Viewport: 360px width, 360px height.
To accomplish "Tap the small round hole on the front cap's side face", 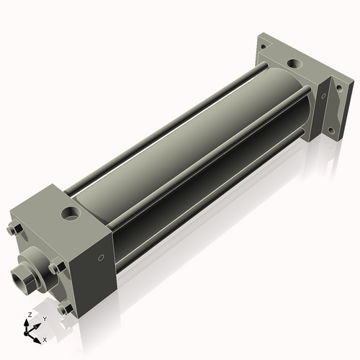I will click(101, 257).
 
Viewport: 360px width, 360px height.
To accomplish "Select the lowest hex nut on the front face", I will click(66, 309).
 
